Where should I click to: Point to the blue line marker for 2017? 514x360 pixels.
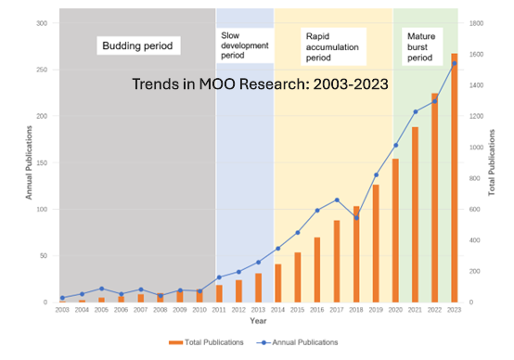point(336,199)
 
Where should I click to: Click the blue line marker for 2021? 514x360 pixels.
point(415,111)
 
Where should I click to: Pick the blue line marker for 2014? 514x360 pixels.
point(277,249)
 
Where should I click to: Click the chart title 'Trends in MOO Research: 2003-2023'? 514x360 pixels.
point(259,84)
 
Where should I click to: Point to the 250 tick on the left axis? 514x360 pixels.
point(42,70)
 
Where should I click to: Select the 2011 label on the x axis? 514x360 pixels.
point(218,310)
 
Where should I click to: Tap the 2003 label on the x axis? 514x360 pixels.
point(62,310)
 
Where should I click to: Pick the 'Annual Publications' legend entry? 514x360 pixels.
point(302,341)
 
